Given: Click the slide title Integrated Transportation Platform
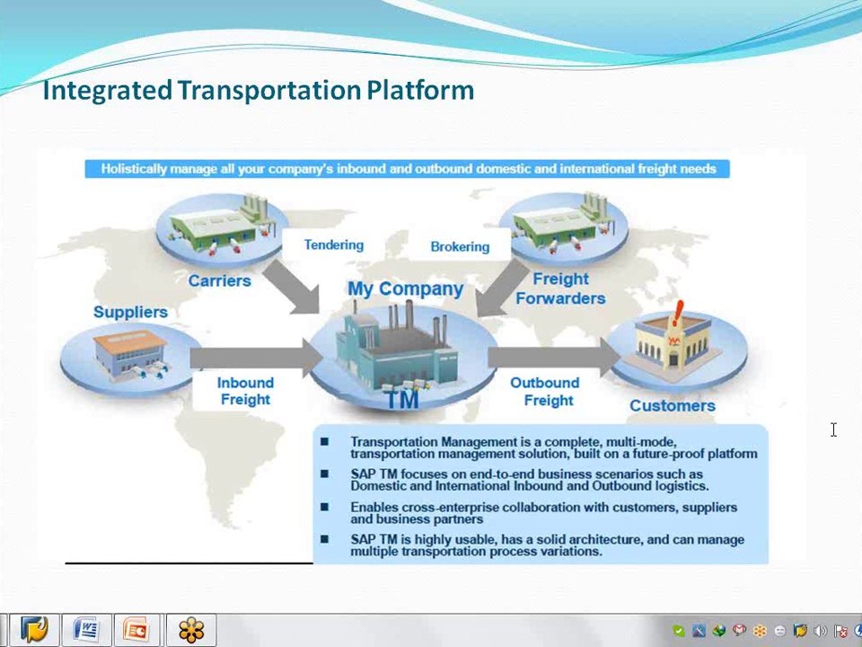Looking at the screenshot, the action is [258, 90].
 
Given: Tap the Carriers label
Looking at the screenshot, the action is [219, 280].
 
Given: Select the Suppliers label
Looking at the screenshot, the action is [130, 312].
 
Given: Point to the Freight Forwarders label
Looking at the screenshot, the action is [560, 288].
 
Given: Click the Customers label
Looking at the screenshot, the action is [673, 405].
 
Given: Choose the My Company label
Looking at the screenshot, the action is [405, 288].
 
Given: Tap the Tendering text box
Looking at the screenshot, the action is [334, 244].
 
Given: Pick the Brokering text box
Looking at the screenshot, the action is [460, 246].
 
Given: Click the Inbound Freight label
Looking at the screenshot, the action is [245, 391].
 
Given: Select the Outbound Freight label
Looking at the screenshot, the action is [545, 391].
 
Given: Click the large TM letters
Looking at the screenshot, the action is [403, 399].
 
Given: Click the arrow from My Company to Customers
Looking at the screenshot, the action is [554, 358].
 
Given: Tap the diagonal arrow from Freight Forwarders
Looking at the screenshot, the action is [501, 288].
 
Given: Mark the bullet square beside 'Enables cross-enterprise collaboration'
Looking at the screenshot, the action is [324, 507].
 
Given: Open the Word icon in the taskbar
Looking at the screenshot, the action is [86, 629].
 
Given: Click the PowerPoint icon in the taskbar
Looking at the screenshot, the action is [136, 629].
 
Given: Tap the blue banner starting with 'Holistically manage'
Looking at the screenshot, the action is [408, 169].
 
